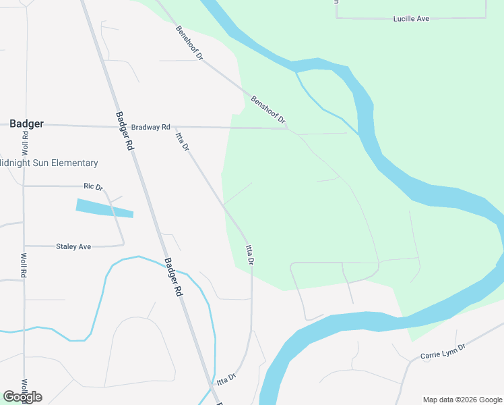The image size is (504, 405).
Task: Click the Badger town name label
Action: pos(27,124)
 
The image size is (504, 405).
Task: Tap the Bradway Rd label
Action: pos(151,127)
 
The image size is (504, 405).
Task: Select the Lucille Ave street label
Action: pos(411,19)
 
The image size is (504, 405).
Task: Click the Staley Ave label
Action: pos(73,247)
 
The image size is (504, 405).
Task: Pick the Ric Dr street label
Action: pos(92,186)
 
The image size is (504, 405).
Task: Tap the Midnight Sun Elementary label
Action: pos(49,163)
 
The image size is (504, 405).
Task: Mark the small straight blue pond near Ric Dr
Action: pos(104,208)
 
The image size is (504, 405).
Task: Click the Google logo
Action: pos(22,397)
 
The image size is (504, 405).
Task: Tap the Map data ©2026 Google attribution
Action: pos(462,400)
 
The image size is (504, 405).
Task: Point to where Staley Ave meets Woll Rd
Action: pos(24,246)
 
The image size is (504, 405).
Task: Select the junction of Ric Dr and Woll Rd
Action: pos(24,186)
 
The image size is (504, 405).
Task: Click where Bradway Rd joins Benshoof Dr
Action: pos(288,128)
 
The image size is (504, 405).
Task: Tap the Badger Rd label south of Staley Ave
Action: pos(174,277)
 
